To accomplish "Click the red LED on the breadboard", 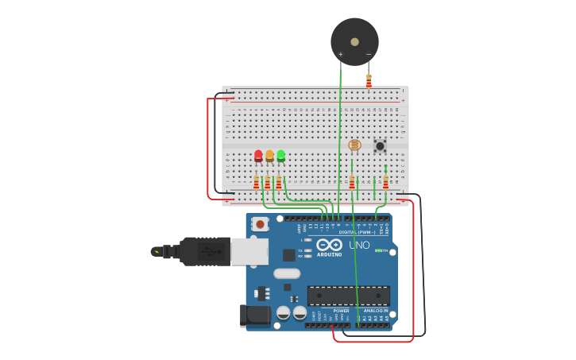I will [258, 156].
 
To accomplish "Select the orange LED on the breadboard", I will [269, 156].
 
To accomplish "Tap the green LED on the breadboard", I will [280, 156].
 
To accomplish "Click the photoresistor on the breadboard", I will [354, 145].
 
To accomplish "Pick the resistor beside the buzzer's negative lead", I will [369, 81].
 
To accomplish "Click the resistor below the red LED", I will [256, 183].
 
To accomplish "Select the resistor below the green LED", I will [278, 183].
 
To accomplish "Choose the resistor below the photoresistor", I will [352, 183].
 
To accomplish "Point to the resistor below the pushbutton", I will [385, 182].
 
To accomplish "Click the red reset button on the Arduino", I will [260, 225].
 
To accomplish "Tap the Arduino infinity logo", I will [329, 245].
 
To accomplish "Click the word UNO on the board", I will [359, 246].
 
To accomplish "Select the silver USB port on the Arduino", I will [249, 251].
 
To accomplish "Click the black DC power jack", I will [256, 315].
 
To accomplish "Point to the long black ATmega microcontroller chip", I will [348, 295].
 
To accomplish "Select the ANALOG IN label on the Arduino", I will [376, 311].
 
